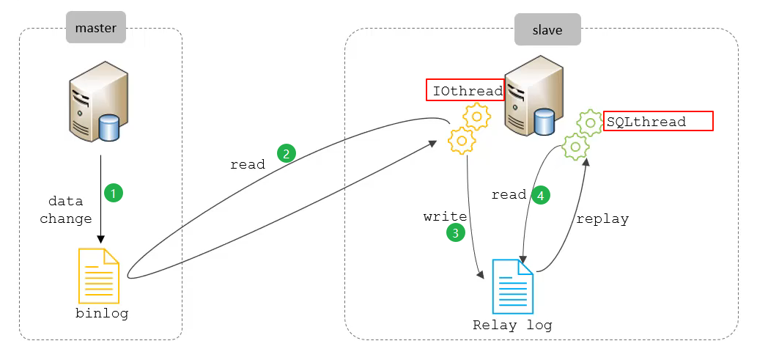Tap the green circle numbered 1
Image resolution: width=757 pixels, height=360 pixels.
(113, 193)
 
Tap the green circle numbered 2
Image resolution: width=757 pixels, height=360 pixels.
(286, 153)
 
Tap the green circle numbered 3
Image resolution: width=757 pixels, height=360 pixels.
(454, 232)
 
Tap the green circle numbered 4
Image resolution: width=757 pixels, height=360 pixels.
(541, 195)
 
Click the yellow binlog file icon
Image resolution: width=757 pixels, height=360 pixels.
(99, 276)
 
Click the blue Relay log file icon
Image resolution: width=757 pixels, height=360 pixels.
(514, 287)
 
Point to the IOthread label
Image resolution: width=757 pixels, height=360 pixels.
(465, 91)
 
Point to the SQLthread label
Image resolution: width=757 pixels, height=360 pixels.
(658, 122)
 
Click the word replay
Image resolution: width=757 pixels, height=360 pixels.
(602, 218)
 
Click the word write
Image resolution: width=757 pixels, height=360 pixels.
(446, 216)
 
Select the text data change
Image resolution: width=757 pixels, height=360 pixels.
(66, 210)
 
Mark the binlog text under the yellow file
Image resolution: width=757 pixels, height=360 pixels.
(102, 313)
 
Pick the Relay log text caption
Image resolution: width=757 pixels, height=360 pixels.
(512, 325)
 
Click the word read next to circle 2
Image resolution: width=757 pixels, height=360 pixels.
(248, 164)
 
